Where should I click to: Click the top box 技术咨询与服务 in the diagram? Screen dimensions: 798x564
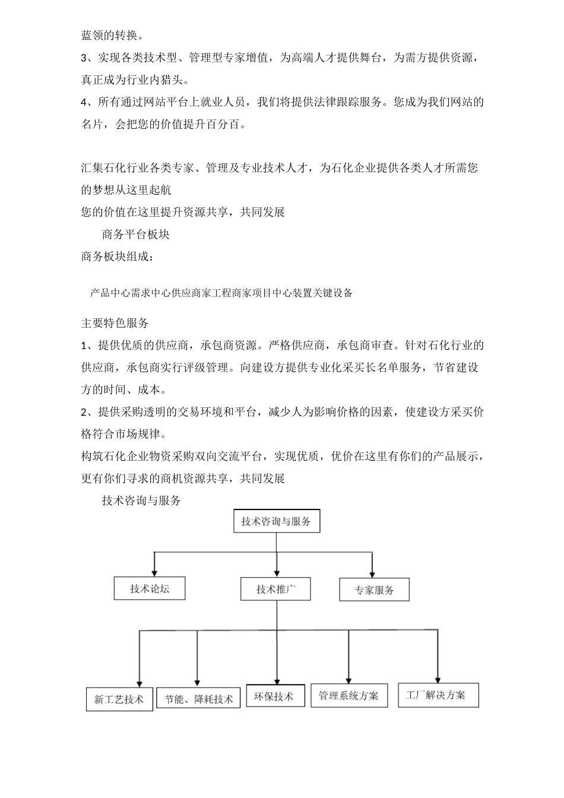tap(276, 522)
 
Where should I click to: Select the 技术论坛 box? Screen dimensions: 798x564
tap(150, 588)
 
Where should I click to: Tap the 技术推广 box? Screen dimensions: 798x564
tap(275, 590)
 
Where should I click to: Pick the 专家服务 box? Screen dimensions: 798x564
tap(374, 590)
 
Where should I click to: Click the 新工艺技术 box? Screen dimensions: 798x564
tap(119, 699)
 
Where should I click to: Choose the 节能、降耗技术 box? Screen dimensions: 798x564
tap(198, 699)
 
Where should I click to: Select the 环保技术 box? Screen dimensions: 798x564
tap(275, 696)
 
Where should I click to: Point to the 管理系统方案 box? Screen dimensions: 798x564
tap(348, 695)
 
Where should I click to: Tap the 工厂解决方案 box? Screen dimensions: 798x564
tap(438, 695)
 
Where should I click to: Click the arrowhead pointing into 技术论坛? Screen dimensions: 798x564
tap(155, 572)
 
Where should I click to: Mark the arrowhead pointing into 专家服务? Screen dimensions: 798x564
tap(372, 574)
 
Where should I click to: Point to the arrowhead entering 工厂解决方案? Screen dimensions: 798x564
tap(438, 679)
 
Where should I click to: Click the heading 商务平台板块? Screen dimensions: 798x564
tap(136, 235)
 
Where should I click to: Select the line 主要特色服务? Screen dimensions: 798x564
tap(115, 323)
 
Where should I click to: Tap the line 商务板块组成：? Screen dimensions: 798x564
tap(118, 256)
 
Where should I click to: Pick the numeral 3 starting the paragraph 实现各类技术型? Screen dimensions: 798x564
tap(84, 58)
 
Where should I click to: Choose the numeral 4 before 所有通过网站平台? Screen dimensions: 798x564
tap(84, 102)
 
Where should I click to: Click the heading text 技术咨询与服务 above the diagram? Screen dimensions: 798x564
tap(141, 501)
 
